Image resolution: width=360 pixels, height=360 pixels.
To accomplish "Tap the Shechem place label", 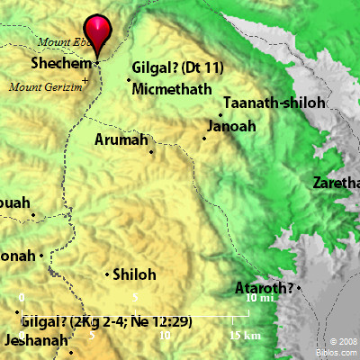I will (x=61, y=65).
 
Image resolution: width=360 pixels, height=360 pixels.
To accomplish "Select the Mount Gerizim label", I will (x=43, y=86).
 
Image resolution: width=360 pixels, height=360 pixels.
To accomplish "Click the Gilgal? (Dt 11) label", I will (x=177, y=67).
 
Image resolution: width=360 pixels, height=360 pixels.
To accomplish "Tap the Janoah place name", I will (x=230, y=126).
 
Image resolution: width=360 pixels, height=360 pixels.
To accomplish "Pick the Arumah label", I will (x=123, y=139).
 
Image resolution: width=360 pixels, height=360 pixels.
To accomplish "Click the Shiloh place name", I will (x=135, y=275).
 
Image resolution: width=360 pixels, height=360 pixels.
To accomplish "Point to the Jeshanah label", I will (x=35, y=341).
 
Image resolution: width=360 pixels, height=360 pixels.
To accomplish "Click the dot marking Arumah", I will (x=151, y=151).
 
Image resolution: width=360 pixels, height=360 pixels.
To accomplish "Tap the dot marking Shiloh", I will (x=108, y=274).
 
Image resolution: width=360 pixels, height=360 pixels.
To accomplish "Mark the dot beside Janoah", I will (x=204, y=138).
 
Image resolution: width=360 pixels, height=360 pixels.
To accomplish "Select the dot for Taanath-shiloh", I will (x=220, y=114).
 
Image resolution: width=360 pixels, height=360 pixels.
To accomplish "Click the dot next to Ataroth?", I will (x=299, y=288).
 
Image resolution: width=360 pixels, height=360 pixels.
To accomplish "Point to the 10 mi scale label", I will (x=260, y=298).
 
